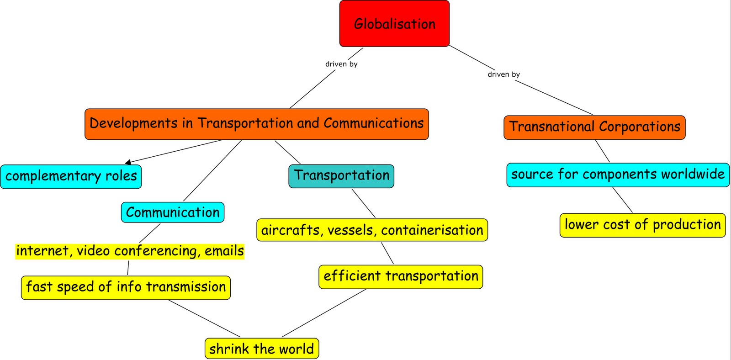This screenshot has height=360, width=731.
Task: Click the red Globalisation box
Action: (x=394, y=24)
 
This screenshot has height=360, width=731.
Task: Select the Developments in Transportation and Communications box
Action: (x=256, y=124)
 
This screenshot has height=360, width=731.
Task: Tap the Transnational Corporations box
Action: (x=594, y=127)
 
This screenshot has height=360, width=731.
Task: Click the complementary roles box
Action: (x=71, y=176)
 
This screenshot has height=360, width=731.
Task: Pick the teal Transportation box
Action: (x=341, y=176)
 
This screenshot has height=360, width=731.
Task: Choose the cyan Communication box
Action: (x=173, y=212)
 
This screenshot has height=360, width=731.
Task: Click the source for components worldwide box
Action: (x=618, y=175)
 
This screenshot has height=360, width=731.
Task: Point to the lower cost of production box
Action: (x=642, y=225)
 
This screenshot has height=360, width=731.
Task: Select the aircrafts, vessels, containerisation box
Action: (x=372, y=230)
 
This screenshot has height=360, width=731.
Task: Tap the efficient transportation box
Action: (x=401, y=276)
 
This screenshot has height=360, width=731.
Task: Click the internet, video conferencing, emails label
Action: (x=130, y=251)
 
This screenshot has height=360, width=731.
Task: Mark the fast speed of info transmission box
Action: (x=126, y=287)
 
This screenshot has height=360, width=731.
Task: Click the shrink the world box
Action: (x=261, y=349)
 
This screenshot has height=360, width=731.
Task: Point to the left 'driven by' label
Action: (x=341, y=64)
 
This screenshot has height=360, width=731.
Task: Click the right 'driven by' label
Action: (x=503, y=74)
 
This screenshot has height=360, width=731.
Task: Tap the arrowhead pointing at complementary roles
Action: (x=128, y=162)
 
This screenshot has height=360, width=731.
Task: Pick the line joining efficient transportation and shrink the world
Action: (x=324, y=313)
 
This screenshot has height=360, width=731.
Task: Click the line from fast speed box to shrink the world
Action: (x=204, y=318)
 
